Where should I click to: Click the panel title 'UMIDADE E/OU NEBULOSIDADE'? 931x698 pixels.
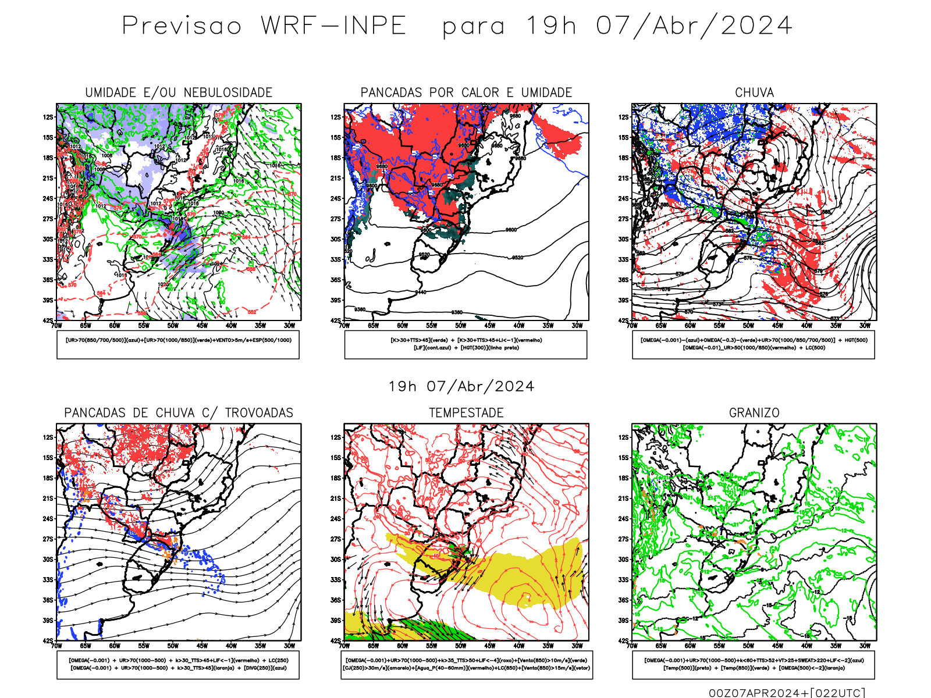coord(179,92)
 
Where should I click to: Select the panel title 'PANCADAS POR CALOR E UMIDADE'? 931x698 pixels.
coord(466,92)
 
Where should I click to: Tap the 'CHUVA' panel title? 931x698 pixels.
coord(754,92)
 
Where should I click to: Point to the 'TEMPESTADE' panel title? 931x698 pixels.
coord(466,413)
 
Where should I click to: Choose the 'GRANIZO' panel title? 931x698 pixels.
coord(754,413)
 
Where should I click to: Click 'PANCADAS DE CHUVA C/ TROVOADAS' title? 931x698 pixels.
coord(179,413)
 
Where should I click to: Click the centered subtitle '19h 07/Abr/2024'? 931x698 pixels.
coord(461,387)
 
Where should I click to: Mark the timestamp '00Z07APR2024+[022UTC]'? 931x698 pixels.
coord(787,693)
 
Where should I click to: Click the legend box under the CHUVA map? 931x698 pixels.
coord(754,344)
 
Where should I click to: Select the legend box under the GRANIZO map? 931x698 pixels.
coord(754,664)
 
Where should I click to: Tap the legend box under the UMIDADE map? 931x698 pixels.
coord(178,344)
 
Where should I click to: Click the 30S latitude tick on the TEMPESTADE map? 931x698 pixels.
coord(336,560)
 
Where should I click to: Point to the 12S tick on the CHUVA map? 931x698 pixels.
coord(624,117)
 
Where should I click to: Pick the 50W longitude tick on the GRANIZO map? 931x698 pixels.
coord(748,646)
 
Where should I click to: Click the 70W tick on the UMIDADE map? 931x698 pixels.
coord(56,326)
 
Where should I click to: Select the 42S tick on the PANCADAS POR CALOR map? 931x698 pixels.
coord(336,320)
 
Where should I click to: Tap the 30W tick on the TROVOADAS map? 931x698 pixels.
coord(289,646)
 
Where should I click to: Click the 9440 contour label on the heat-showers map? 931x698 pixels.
coord(421,292)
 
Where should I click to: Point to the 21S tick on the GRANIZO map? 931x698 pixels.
coord(624,498)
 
